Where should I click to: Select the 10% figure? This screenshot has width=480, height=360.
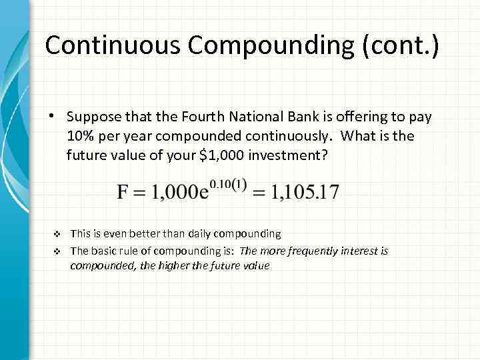80,136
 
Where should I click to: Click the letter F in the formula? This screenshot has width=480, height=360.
124,192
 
